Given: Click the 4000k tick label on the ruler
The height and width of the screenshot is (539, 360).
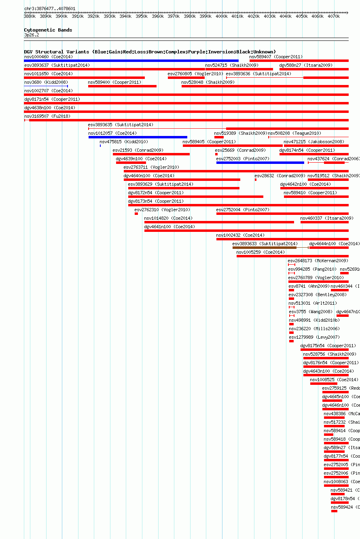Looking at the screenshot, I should point(221,17).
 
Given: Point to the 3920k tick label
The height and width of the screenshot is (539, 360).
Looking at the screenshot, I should point(93,17).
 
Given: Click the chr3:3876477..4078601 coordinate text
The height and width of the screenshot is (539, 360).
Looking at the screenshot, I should point(50,8).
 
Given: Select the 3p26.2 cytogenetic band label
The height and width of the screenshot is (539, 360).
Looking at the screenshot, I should point(32,35).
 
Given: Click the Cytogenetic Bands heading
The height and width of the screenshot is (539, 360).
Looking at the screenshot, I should point(48,30).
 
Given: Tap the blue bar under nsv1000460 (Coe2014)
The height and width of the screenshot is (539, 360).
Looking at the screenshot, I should point(131,61).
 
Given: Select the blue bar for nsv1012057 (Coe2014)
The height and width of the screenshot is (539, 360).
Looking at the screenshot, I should point(138,137).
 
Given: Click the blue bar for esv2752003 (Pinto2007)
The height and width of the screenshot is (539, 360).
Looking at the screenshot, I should point(260,163).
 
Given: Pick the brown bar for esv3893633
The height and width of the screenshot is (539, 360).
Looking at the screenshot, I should point(265,248).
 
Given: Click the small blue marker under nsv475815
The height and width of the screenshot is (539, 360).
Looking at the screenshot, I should point(100,145).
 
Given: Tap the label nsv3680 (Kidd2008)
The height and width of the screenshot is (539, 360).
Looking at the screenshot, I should point(46,82).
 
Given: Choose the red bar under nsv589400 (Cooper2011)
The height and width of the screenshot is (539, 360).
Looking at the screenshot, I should point(122,86).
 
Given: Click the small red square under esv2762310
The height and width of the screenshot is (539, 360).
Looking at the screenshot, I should point(136,214).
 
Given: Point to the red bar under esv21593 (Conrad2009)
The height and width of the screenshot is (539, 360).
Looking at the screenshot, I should point(151,154).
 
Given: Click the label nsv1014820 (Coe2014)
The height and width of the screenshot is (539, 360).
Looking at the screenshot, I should point(168,218).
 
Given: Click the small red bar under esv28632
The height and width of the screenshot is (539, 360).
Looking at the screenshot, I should point(256,180).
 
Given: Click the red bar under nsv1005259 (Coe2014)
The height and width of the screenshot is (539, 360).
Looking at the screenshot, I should point(292,256).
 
